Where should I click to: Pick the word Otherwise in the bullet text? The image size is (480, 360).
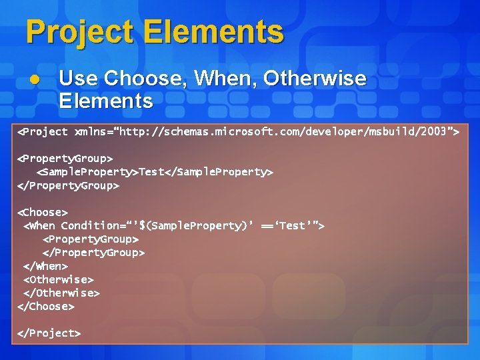click(x=315, y=79)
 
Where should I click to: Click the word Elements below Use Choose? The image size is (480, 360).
click(x=105, y=101)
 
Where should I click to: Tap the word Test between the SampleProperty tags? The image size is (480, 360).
click(x=152, y=172)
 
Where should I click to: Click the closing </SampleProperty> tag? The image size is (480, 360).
click(x=219, y=172)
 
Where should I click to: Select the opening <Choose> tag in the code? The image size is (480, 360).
click(x=43, y=212)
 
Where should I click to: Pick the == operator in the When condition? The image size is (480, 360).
click(x=269, y=226)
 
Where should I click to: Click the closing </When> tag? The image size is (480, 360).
click(x=45, y=266)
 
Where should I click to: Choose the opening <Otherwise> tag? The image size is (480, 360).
click(x=59, y=279)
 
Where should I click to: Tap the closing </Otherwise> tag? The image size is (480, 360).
click(x=61, y=293)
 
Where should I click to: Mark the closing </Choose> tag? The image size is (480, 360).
click(x=46, y=306)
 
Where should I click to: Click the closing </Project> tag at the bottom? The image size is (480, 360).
click(x=49, y=333)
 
